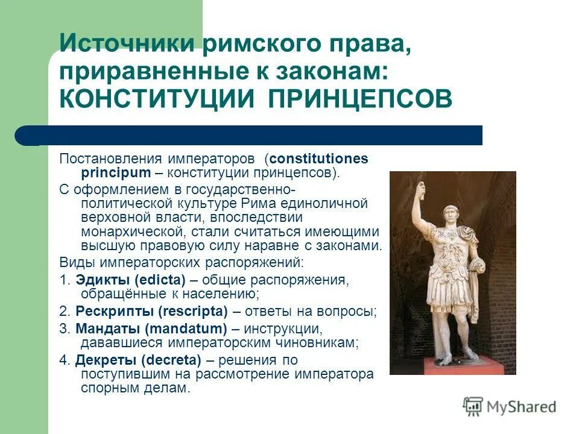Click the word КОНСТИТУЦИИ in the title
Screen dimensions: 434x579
155,98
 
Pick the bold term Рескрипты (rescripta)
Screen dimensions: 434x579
151,312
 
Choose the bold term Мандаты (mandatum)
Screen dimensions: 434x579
151,329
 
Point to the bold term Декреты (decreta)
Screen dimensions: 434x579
138,360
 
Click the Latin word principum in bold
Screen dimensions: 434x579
115,173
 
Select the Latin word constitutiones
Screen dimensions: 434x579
318,159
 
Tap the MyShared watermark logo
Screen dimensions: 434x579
510,406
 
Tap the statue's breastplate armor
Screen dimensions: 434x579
449,250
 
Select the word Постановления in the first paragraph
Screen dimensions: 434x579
111,159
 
